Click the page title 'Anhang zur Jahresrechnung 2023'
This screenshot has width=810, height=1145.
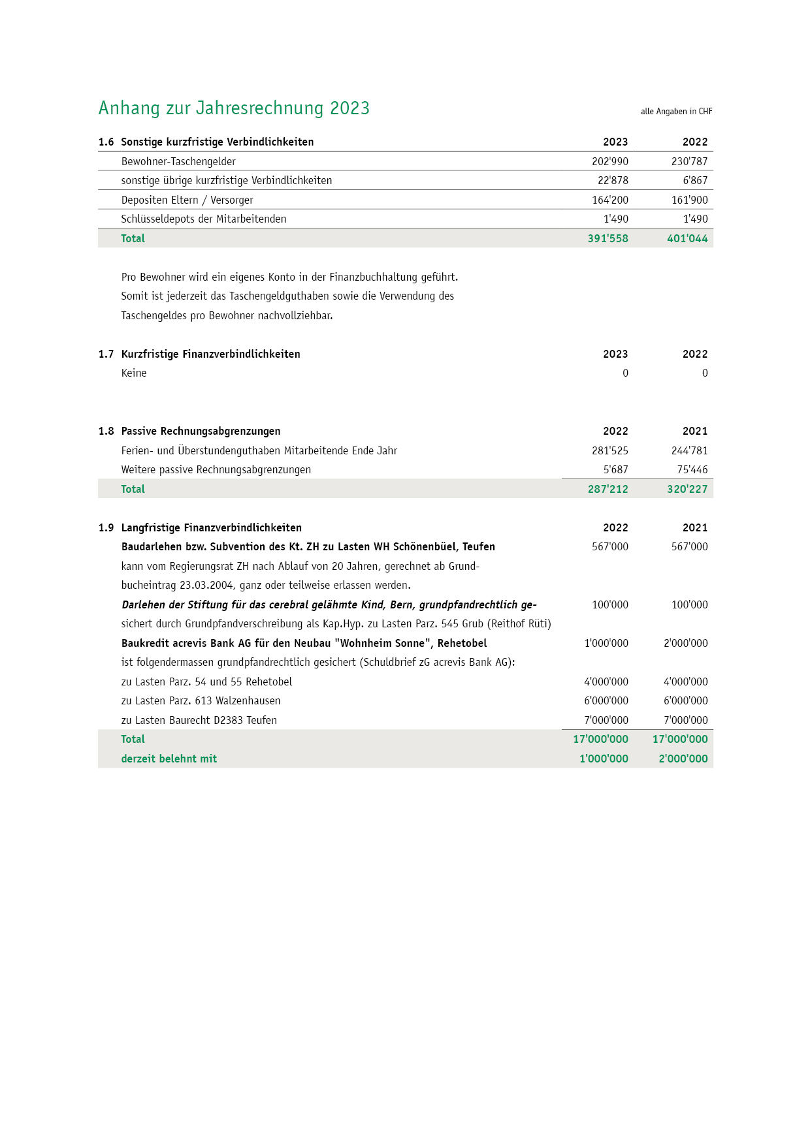coord(234,108)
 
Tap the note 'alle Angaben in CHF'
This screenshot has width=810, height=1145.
coord(676,112)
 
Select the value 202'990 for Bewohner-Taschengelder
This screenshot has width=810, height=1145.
coord(609,161)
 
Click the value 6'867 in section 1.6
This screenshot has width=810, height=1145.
coord(695,181)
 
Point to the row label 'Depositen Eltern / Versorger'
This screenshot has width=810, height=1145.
coord(187,200)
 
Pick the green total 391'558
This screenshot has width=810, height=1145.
coord(607,239)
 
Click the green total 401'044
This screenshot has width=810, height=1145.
coord(687,239)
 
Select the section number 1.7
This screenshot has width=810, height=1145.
coord(106,354)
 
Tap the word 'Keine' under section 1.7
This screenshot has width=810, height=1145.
coord(134,373)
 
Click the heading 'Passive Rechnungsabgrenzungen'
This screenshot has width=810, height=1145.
coord(201,431)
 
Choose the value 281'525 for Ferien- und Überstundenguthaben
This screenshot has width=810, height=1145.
coord(609,451)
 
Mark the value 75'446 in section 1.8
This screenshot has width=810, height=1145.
coord(692,470)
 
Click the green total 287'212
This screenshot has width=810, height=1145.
coord(607,490)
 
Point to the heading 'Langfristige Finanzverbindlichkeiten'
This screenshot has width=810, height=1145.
coord(211,528)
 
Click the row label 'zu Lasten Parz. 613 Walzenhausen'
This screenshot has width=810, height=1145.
coord(201,701)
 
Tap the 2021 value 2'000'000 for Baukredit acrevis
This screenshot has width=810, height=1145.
coord(685,644)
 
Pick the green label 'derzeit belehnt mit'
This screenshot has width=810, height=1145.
coord(169,759)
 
